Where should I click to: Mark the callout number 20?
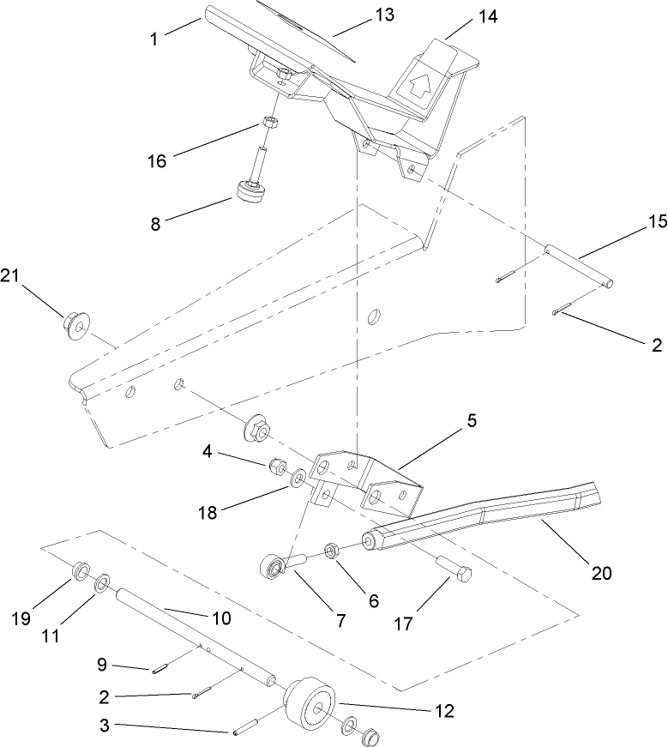point(602,573)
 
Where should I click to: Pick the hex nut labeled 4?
point(277,467)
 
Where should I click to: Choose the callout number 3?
point(103,726)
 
